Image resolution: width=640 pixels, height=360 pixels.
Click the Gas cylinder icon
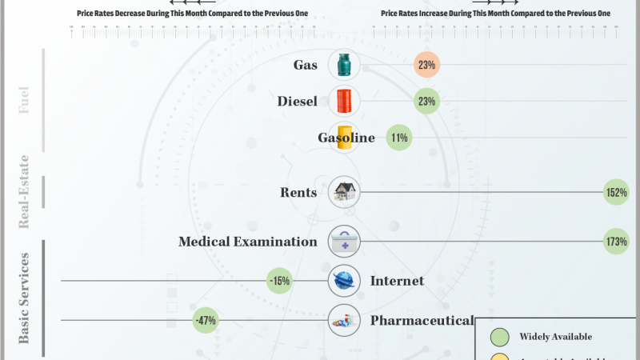click(344, 65)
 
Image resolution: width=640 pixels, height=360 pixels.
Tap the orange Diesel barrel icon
click(344, 102)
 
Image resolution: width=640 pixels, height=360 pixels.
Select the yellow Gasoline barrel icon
click(344, 138)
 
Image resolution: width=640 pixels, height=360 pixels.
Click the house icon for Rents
click(344, 192)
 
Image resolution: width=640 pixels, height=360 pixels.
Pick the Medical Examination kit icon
click(344, 241)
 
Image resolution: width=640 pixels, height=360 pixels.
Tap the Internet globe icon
click(344, 281)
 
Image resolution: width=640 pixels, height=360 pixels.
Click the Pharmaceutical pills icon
click(344, 321)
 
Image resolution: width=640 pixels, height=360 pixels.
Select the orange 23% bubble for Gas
click(427, 65)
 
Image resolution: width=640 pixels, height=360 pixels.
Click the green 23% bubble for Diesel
click(427, 102)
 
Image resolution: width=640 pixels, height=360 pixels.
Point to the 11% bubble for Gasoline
click(398, 138)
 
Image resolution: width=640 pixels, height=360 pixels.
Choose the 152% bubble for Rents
click(616, 192)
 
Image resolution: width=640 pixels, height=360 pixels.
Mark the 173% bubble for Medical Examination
click(616, 241)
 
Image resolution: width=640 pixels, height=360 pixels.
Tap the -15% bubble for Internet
click(279, 281)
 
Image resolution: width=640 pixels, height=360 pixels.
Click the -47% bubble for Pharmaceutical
click(205, 321)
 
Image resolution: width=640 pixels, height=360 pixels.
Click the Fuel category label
click(24, 102)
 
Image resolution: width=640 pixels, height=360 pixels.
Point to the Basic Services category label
click(24, 298)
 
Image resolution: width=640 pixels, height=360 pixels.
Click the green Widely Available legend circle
click(500, 336)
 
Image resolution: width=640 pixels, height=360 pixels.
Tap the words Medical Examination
click(248, 241)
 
